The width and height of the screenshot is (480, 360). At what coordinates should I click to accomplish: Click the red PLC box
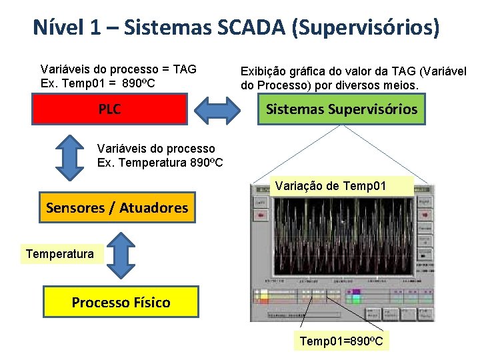pos(109,109)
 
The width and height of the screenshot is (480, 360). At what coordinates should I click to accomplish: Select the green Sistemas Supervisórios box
pos(341,109)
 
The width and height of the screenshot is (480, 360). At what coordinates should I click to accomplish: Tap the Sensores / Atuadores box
pos(117,208)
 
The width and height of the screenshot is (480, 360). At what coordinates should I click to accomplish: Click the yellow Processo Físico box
pos(121,302)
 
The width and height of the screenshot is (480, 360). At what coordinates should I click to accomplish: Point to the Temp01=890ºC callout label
pos(341,341)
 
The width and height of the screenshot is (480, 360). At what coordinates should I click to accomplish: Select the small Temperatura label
pos(60,253)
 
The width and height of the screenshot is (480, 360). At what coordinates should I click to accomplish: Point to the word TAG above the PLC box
pos(185,69)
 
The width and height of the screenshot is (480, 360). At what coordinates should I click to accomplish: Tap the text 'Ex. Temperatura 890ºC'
pos(160,162)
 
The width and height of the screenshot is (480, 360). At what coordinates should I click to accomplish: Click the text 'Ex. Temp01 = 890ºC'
pos(98,83)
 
